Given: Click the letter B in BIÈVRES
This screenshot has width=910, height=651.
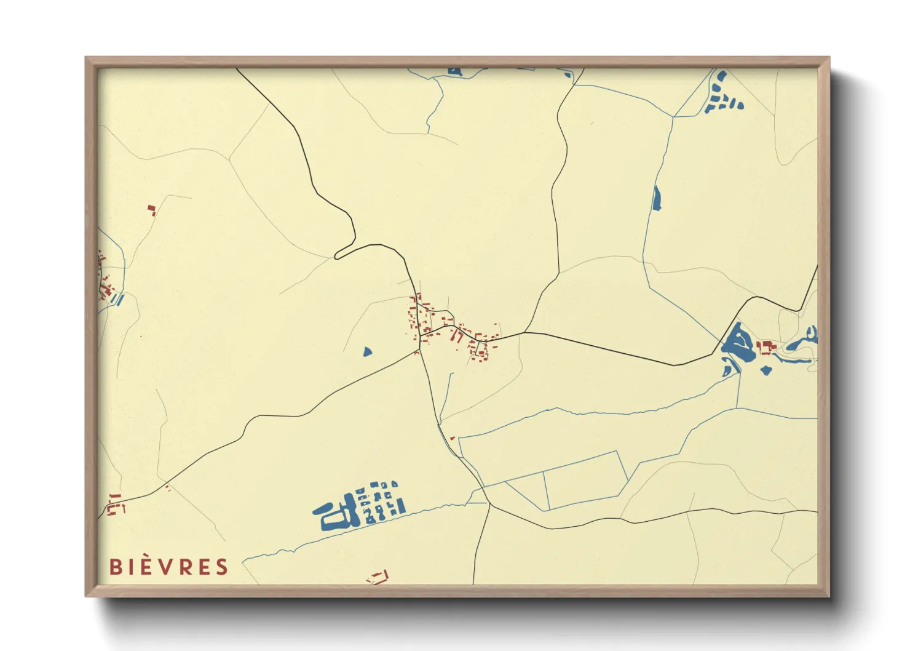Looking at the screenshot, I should [115, 567].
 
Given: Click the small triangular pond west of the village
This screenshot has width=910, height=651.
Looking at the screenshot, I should [367, 352].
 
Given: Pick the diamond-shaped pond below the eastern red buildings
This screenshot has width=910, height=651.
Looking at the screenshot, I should [766, 370].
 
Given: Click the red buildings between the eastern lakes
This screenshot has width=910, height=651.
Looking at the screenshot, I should [766, 348].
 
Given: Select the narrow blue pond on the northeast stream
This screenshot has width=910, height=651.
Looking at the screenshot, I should [656, 198].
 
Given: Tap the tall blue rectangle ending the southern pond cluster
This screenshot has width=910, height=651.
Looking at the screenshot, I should [402, 506].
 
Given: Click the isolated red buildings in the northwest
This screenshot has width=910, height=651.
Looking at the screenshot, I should [151, 210].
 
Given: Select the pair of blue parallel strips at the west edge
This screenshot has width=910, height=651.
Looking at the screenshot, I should [118, 300].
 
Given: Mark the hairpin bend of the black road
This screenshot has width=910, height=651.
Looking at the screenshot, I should [338, 255].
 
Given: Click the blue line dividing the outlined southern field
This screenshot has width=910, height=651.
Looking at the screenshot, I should [545, 490].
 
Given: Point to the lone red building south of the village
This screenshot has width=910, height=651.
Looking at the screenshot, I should [453, 438].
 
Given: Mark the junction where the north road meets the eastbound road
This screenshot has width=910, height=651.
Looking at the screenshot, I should [526, 333].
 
